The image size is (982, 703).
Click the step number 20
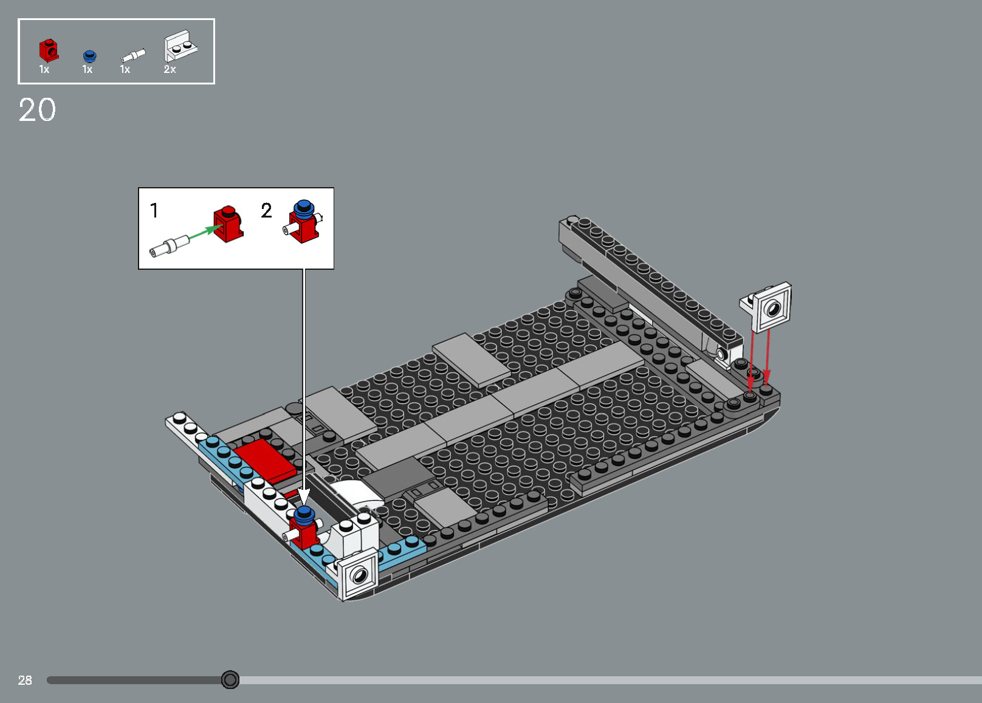(x=37, y=110)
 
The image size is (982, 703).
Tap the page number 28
(x=25, y=681)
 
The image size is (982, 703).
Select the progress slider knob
(x=230, y=679)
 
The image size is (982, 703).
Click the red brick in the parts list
(x=49, y=51)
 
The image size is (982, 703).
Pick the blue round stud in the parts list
(x=89, y=56)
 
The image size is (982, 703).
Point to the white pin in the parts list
(x=133, y=56)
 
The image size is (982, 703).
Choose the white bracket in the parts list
(x=179, y=46)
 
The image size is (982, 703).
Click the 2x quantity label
(x=170, y=70)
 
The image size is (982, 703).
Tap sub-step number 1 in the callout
(x=154, y=211)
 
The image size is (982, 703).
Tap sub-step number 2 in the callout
(x=266, y=211)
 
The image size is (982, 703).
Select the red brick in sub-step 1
(x=228, y=224)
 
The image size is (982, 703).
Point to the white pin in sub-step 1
(x=168, y=247)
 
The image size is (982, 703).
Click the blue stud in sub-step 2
(x=303, y=208)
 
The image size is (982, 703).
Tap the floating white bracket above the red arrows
(x=768, y=307)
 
